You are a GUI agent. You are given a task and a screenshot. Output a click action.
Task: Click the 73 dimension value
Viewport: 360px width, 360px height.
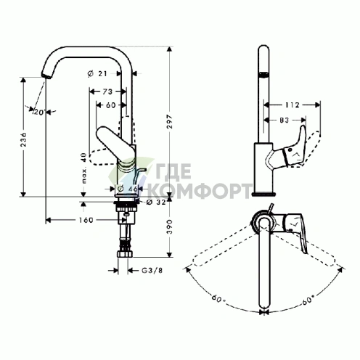(107, 91)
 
